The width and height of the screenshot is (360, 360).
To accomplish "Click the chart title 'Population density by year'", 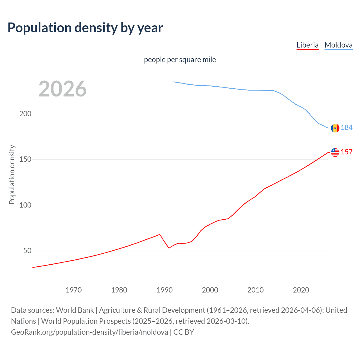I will pos(85,28).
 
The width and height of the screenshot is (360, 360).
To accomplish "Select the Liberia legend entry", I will pos(307,45).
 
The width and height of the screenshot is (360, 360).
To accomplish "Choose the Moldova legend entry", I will pos(338,45).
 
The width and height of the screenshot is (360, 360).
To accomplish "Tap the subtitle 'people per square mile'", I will pos(180,60).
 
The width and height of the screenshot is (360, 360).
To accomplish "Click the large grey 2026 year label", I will pos(62,89).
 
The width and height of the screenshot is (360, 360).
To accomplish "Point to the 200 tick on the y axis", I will pos(25,114).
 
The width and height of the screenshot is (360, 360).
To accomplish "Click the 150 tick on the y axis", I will pos(25,159).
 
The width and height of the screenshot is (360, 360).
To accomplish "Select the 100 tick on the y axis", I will pos(25,205).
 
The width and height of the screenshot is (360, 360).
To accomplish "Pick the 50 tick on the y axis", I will pos(27,251).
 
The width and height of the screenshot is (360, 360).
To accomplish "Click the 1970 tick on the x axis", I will pos(74,290).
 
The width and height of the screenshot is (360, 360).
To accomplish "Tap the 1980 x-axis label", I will pos(119,290).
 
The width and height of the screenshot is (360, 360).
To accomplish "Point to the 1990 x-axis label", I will pos(165,290).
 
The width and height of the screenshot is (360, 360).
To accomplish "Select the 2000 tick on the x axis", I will pos(210,290).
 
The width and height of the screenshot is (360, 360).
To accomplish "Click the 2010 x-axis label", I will pos(255,290).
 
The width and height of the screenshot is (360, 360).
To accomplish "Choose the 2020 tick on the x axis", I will pos(301,290).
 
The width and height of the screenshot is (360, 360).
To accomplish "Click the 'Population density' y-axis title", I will pos(12,174).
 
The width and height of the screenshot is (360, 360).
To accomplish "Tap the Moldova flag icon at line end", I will pos(335,128).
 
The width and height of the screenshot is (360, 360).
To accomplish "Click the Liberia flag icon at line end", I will pos(335,152).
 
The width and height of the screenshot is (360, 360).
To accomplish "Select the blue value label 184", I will pos(346,128).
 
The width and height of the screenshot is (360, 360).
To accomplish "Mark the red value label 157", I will pos(346,152).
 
